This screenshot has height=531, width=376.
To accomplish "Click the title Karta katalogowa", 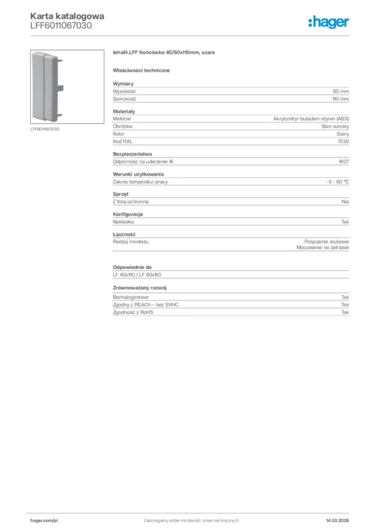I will tap(67, 16).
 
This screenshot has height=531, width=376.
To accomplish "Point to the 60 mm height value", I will tap(341, 91).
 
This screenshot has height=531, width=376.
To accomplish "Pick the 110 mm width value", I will tap(340, 98).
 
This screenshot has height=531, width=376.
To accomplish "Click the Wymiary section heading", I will tap(124, 83).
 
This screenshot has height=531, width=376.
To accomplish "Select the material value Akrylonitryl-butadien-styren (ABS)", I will tap(311, 119).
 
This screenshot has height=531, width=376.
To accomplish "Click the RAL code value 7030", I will tap(344, 141).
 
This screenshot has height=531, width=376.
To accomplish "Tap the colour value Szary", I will tap(343, 134).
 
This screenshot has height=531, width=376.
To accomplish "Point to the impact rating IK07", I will tap(344, 162).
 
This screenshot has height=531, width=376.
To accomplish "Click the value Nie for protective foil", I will tap(345, 202).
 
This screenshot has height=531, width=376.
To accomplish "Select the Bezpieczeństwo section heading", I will tap(132, 154).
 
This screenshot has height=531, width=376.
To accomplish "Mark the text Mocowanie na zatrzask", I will tap(323, 248).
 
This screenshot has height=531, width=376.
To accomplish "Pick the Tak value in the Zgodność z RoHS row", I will tap(345, 312).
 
